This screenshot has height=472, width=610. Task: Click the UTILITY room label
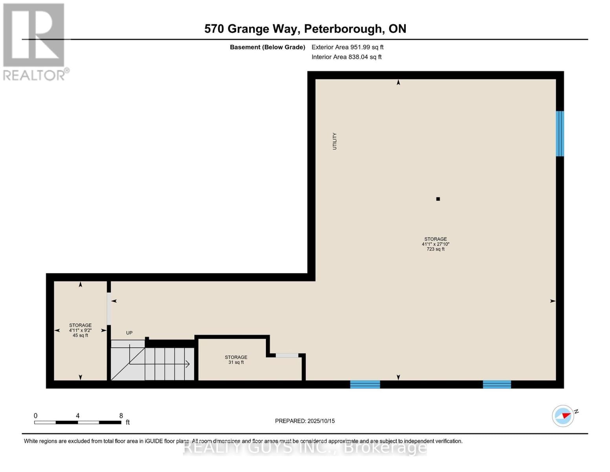coord(335,141)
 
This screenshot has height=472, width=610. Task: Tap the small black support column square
coord(438,199)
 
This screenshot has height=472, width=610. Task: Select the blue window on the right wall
coord(560,134)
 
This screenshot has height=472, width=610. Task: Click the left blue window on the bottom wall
coord(365,384)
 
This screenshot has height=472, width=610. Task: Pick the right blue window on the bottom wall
coord(497,384)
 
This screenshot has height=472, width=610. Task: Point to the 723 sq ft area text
coord(436,249)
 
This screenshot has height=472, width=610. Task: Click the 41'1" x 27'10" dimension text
coord(436,244)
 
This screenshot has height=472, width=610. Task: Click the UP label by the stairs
coord(129,333)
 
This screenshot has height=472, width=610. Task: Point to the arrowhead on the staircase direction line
coord(188,364)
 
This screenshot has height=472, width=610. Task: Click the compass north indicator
coord(564,416)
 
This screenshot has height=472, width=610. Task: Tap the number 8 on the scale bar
coord(121,416)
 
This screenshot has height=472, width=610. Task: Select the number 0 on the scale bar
coord(36,416)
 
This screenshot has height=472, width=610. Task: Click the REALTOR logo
coord(35,42)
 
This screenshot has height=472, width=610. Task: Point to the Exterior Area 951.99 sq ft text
coord(347,47)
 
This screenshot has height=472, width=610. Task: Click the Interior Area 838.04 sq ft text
coord(346,57)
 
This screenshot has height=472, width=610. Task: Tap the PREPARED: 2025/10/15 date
coord(305,421)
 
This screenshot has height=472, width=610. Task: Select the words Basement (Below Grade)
coord(267,47)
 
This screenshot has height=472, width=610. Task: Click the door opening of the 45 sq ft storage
coord(109,309)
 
